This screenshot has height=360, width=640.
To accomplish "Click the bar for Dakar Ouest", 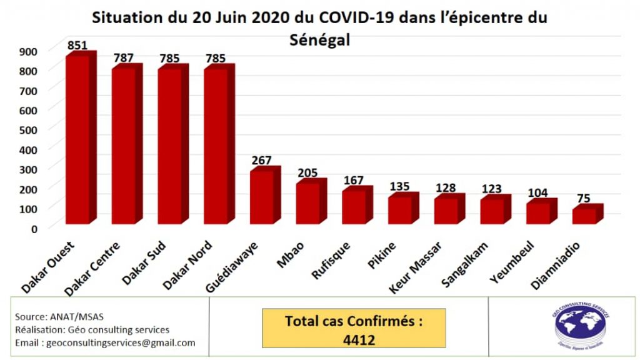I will (x=77, y=139).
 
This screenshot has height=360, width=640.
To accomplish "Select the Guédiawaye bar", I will (x=261, y=197).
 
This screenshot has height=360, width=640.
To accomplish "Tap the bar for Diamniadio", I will (x=584, y=216).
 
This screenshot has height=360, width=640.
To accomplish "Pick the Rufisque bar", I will (x=354, y=206).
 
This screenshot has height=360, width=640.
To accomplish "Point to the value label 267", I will (x=262, y=161).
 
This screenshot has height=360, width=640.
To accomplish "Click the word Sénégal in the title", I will (x=320, y=40).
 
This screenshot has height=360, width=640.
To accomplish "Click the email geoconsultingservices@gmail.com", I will (x=105, y=342).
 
